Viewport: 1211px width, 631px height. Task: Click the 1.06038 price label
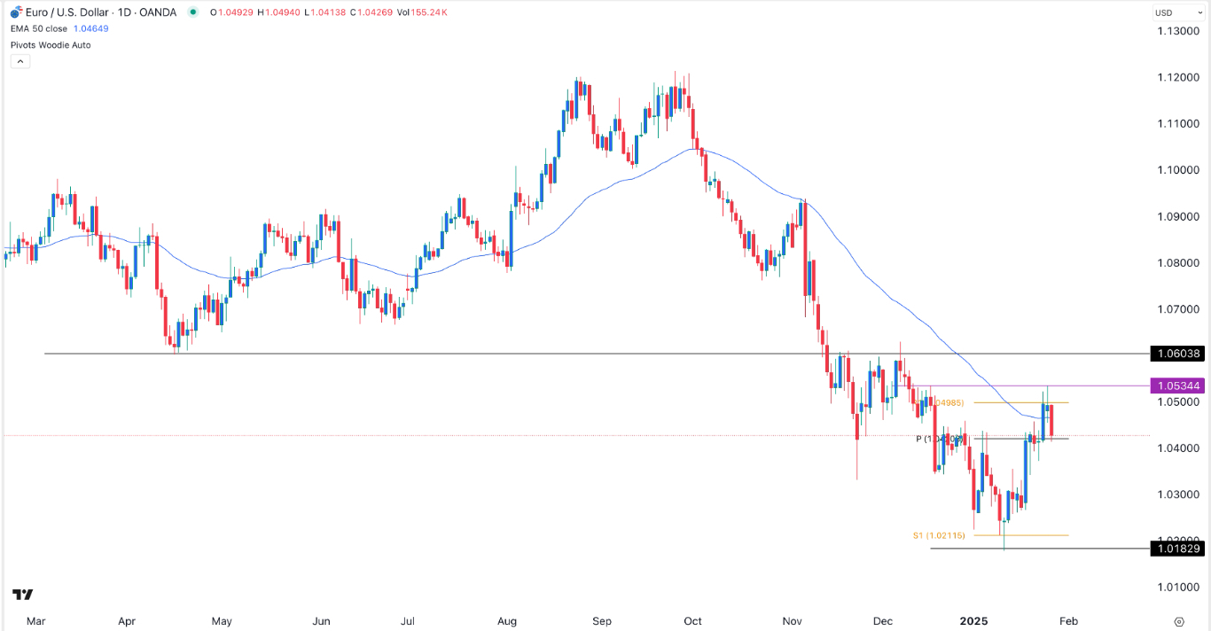coord(1177,354)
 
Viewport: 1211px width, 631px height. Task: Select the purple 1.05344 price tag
coord(1177,386)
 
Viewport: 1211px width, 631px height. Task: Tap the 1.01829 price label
coord(1177,549)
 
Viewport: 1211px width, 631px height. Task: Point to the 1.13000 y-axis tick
coord(1178,31)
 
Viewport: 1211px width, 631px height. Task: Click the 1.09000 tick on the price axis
coord(1178,216)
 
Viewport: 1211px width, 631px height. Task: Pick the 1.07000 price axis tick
coord(1178,309)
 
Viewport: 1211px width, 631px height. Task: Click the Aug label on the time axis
coord(508,621)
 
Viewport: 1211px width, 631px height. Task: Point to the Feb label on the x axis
coord(1068,621)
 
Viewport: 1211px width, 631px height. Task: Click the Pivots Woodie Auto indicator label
coord(51,44)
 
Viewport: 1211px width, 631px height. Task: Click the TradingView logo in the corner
coord(23,595)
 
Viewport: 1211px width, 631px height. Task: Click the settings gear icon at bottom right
coord(1178,621)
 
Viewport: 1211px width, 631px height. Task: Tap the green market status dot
coord(193,12)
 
